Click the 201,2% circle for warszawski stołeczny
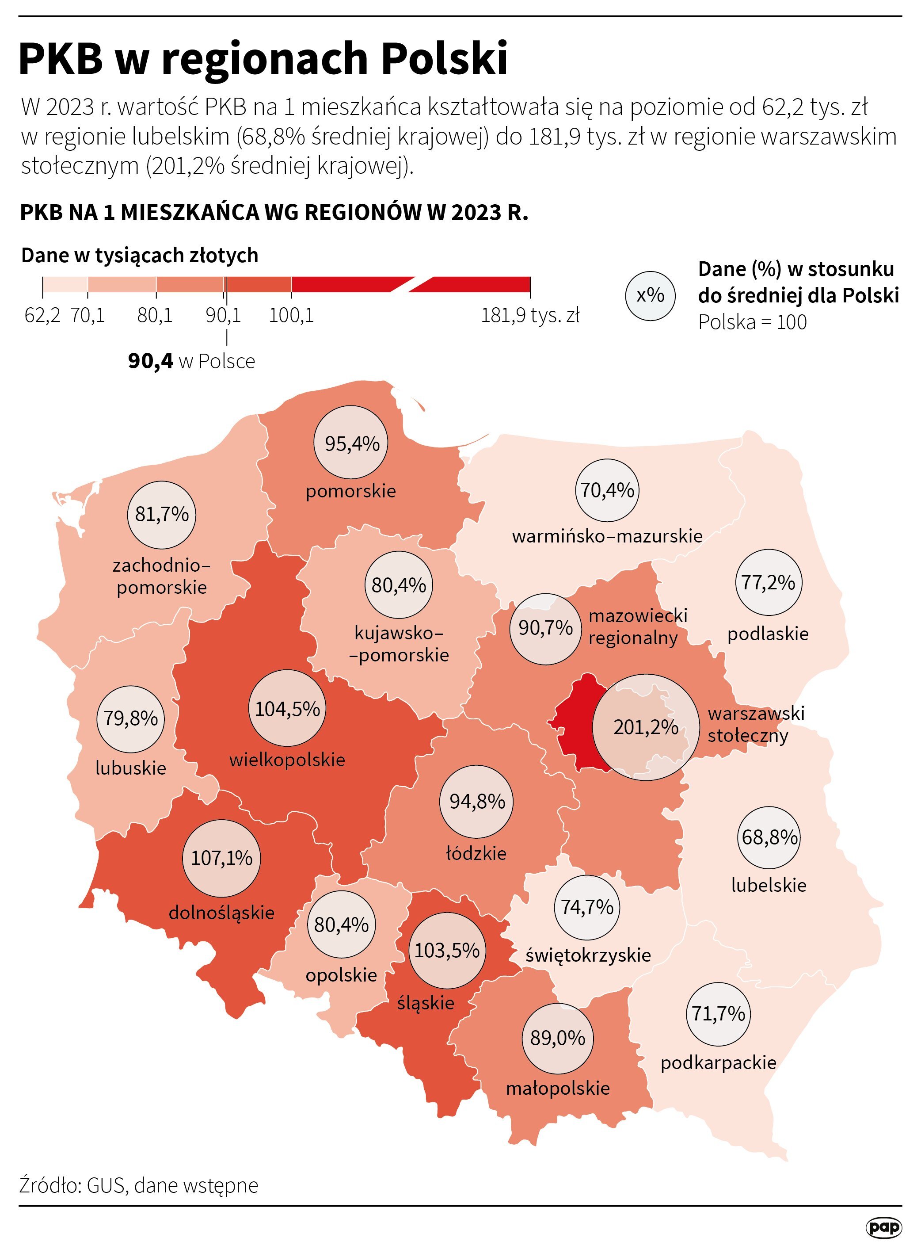tap(645, 727)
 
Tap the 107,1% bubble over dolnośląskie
tap(221, 858)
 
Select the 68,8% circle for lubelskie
tap(769, 837)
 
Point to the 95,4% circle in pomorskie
tap(351, 443)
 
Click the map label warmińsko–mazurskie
tap(607, 536)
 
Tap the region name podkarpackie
tap(718, 1062)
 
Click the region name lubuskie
tap(130, 768)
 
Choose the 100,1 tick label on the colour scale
tap(291, 316)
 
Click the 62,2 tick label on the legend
tap(42, 316)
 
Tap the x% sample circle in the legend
tap(650, 295)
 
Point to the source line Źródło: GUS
tap(139, 1185)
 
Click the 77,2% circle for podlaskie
tap(768, 583)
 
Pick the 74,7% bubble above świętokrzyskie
tap(586, 907)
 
